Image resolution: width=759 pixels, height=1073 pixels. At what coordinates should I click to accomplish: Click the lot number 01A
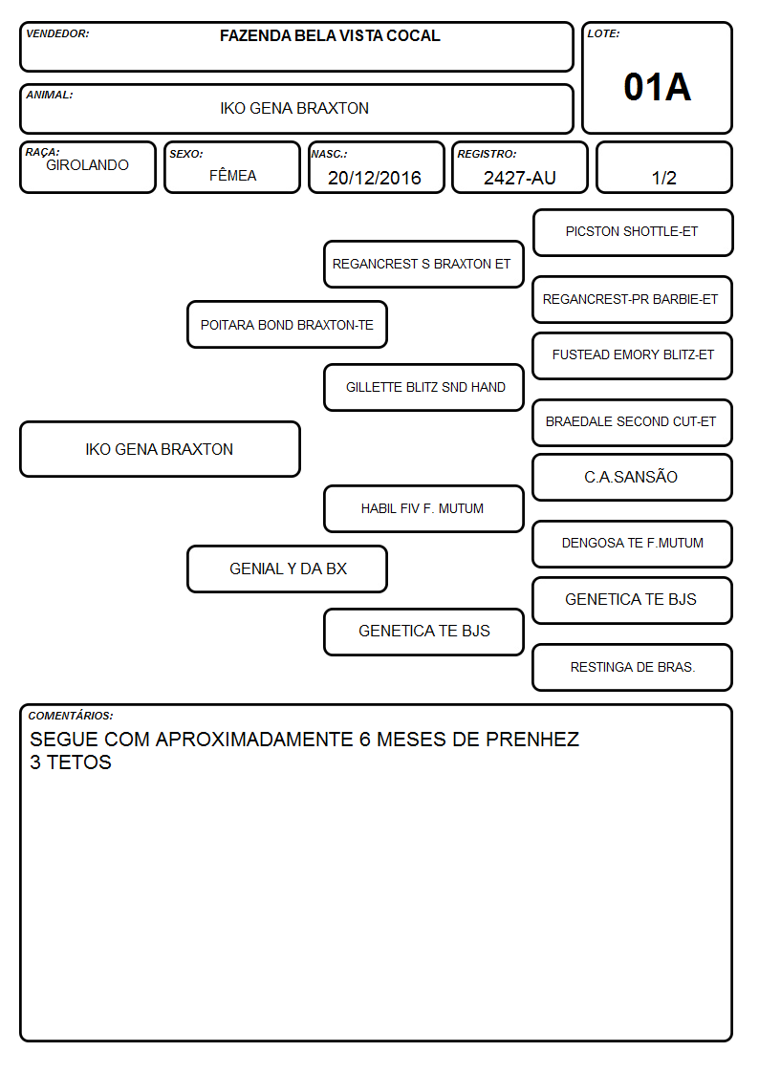[657, 87]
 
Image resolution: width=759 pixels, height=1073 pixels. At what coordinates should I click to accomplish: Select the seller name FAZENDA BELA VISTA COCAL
[330, 35]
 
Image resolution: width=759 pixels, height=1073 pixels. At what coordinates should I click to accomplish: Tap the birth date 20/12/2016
[375, 178]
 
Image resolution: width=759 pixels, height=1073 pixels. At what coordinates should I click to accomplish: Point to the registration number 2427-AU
[519, 178]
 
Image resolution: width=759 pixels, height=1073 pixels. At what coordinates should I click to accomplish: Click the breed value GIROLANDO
[87, 165]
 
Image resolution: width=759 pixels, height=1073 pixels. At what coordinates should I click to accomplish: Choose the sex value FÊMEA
[232, 175]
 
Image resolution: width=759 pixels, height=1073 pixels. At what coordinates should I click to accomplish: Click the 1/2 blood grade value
[663, 178]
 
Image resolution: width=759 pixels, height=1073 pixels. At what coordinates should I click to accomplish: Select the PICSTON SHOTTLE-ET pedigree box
[633, 233]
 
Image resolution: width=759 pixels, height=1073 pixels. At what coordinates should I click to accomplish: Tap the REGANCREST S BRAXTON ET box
[423, 264]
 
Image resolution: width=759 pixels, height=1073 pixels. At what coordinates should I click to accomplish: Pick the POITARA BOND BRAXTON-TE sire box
[287, 324]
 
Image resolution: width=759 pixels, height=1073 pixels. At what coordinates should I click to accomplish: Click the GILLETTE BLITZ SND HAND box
[423, 387]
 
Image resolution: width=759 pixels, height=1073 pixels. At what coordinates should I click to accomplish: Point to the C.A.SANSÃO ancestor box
[633, 477]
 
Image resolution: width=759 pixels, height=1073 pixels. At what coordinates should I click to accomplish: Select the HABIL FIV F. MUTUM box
[423, 508]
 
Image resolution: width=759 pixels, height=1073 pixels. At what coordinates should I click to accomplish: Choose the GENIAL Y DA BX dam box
[287, 569]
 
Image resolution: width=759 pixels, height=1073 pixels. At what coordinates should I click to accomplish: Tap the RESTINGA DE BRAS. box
[633, 667]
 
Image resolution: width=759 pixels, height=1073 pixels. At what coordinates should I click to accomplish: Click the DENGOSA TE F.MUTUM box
[633, 544]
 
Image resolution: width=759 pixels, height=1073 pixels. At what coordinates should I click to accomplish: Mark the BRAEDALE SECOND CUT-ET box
[633, 422]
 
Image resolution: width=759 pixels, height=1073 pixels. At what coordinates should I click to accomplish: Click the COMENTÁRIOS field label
[71, 716]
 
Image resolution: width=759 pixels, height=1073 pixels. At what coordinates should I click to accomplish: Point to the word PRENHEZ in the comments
[532, 739]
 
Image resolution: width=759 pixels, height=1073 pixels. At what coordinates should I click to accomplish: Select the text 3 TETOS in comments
[71, 762]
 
